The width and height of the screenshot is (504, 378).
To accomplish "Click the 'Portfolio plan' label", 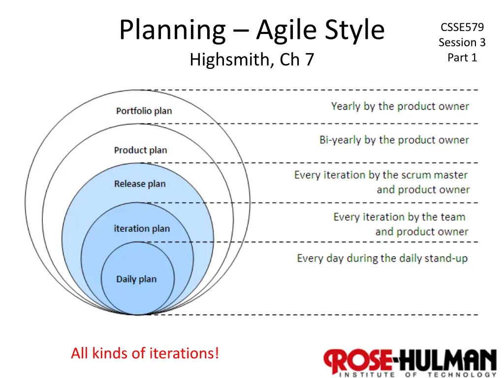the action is (144, 111).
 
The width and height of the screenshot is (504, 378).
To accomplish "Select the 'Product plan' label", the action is (140, 150).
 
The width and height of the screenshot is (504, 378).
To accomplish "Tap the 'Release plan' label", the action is (140, 184).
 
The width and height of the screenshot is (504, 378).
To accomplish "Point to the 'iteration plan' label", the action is (142, 228).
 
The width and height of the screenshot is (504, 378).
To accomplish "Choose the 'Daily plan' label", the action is (136, 279).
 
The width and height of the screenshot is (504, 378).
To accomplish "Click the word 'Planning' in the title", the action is (173, 30).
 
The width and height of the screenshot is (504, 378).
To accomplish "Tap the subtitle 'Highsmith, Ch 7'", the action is (252, 60).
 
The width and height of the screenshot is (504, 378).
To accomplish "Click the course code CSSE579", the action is (462, 28).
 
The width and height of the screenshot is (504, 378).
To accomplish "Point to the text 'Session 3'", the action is (462, 42).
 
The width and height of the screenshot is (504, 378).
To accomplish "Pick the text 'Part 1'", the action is (462, 58).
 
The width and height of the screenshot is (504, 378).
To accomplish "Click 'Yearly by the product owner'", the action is (400, 106).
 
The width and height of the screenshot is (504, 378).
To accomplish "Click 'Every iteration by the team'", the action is (399, 217).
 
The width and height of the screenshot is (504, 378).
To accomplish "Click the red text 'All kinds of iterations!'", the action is (145, 353).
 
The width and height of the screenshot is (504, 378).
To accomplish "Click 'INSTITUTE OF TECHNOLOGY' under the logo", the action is (417, 375).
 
